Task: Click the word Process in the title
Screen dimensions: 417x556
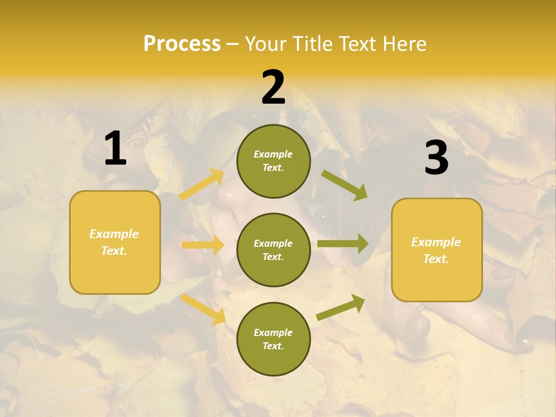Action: coord(182,44)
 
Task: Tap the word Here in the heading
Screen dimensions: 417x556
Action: coord(403,44)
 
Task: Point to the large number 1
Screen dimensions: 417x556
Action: coord(115,149)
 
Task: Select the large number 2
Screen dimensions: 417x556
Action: coord(273,87)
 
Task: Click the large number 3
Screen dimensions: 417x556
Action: coord(436,158)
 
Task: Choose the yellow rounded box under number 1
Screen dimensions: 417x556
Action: coord(115,242)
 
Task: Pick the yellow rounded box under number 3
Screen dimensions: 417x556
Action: coord(437,250)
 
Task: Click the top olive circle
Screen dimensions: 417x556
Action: coord(273,161)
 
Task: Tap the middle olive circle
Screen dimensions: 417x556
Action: coord(273,250)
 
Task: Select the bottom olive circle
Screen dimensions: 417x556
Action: coord(273,339)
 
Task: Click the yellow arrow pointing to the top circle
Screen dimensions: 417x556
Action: coord(202,185)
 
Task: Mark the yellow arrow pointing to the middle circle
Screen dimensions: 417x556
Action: coord(203,245)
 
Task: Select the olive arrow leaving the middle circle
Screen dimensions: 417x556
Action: coord(343,244)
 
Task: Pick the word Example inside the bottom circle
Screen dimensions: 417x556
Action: coord(273,332)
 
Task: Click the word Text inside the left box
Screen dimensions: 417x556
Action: coord(114,251)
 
